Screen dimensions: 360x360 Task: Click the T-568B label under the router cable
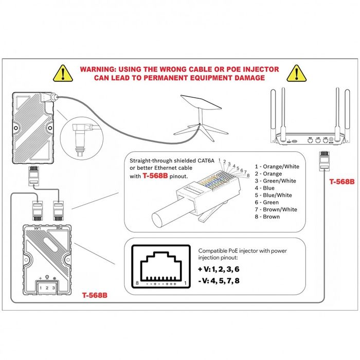pos(341,182)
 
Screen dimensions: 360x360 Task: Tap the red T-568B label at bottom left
pos(95,296)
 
